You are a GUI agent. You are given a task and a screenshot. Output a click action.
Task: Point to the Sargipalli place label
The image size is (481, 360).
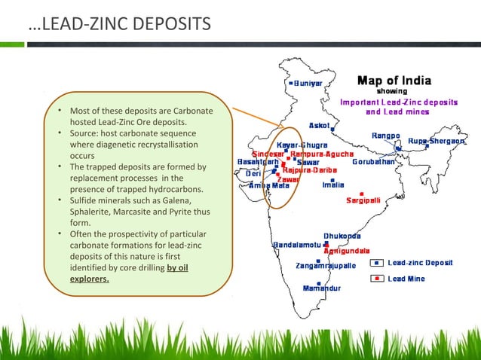coord(364,200)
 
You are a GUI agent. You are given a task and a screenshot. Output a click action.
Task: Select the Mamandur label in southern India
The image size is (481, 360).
coord(322,288)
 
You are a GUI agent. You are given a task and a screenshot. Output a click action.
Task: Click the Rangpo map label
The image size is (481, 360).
coord(384,136)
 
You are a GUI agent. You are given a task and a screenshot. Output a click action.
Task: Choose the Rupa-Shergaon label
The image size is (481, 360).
coord(437,141)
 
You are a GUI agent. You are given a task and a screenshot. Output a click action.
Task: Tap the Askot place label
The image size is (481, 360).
coord(320,125)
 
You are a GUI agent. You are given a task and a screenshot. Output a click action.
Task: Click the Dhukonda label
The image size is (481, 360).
coord(342,236)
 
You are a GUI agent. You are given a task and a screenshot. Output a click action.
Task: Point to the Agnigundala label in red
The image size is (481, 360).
coord(346,250)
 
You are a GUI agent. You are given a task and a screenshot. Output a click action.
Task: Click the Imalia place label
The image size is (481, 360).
coord(333,185)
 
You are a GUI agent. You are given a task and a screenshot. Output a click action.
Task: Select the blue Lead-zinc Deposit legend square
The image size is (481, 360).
coord(377,264)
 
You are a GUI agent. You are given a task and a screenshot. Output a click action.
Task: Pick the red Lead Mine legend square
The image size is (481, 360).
coord(377,279)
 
